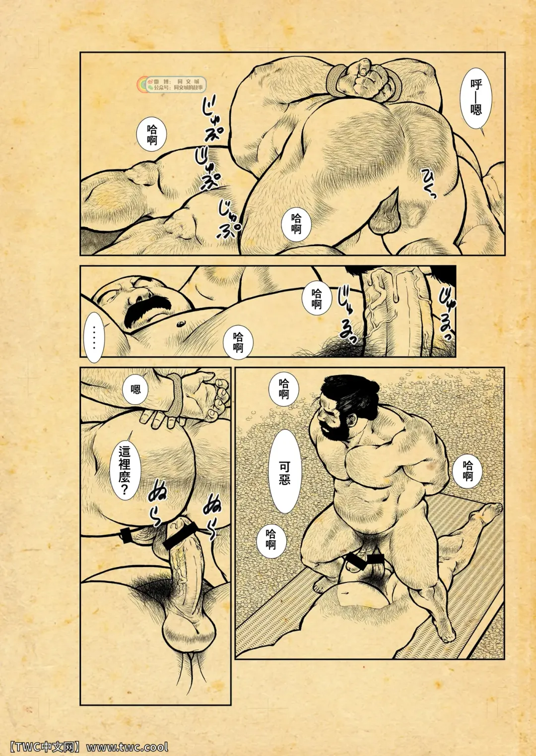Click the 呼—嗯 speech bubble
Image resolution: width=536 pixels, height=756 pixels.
476,97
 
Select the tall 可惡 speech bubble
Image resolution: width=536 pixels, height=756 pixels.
284,471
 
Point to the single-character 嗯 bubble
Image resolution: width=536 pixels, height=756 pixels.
135,389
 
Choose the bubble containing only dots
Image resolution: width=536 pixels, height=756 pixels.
94,337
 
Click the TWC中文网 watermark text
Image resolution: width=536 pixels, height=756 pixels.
44,747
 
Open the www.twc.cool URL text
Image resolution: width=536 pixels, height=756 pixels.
128,747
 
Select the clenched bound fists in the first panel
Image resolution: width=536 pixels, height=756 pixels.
365,79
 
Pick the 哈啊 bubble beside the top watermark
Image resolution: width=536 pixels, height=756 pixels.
152,135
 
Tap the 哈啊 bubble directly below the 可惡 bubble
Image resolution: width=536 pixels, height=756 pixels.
271,539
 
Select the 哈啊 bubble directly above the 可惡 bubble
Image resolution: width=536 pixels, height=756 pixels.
284,389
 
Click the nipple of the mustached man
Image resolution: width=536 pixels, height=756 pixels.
180,324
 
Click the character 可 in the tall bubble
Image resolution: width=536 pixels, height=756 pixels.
284,466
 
